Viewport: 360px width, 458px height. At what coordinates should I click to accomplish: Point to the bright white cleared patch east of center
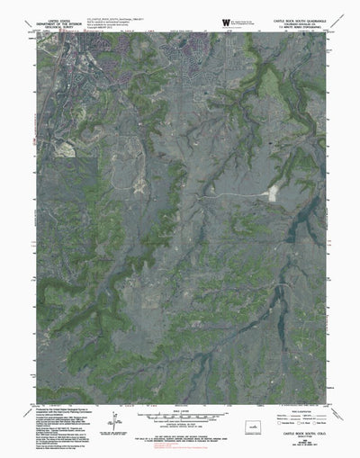[268, 193]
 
